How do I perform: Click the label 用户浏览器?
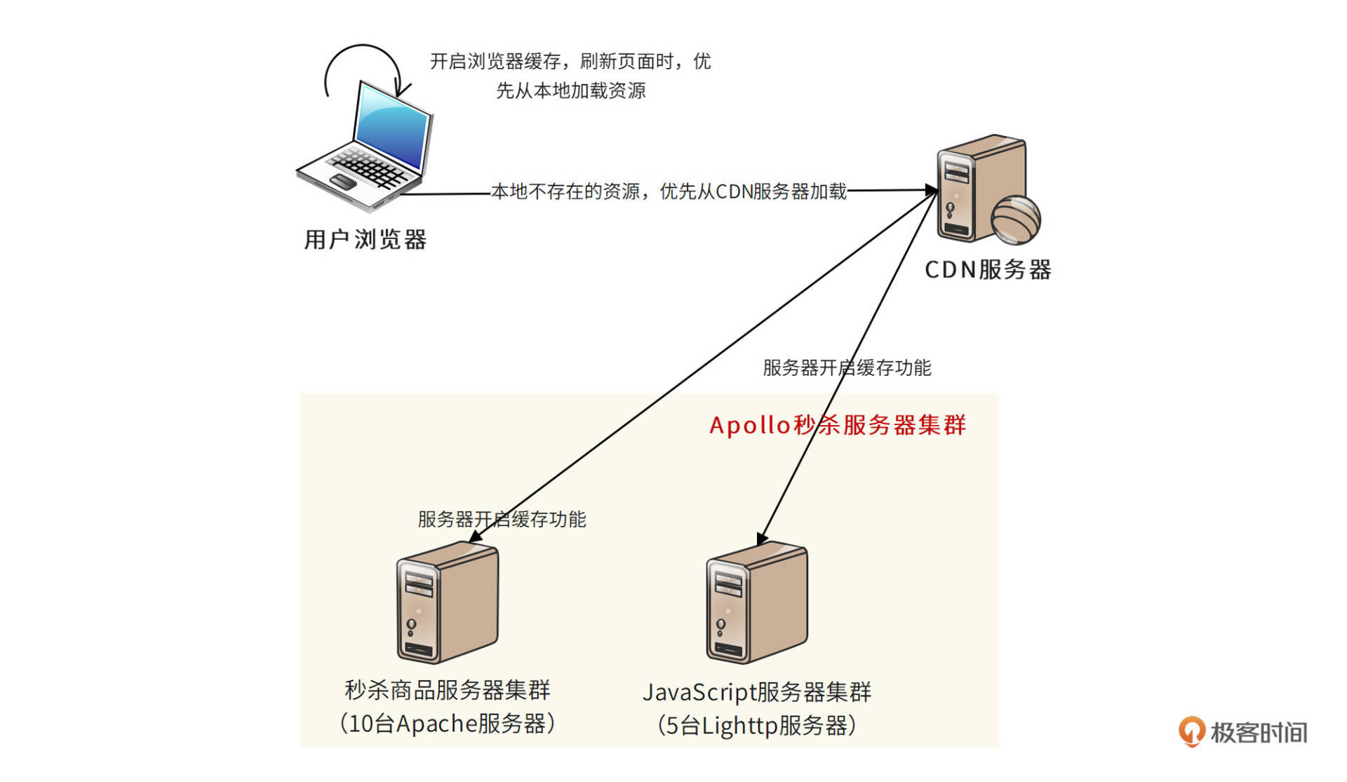coord(365,240)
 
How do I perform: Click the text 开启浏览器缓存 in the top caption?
coord(495,62)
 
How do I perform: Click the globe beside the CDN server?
coord(1015,220)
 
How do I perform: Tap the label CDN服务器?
coord(987,270)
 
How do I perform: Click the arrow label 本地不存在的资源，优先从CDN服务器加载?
coord(669,191)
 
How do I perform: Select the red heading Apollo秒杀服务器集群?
coord(838,425)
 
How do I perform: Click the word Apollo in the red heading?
coord(749,425)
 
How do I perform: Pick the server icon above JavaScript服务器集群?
coord(756,603)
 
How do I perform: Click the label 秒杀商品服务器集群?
coord(447,691)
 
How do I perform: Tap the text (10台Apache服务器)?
coord(447,724)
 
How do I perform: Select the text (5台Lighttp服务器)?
coord(756,725)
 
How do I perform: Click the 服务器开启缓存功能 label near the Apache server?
coord(502,520)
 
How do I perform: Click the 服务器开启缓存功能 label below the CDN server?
coord(846,368)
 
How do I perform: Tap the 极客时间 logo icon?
coord(1191,732)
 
